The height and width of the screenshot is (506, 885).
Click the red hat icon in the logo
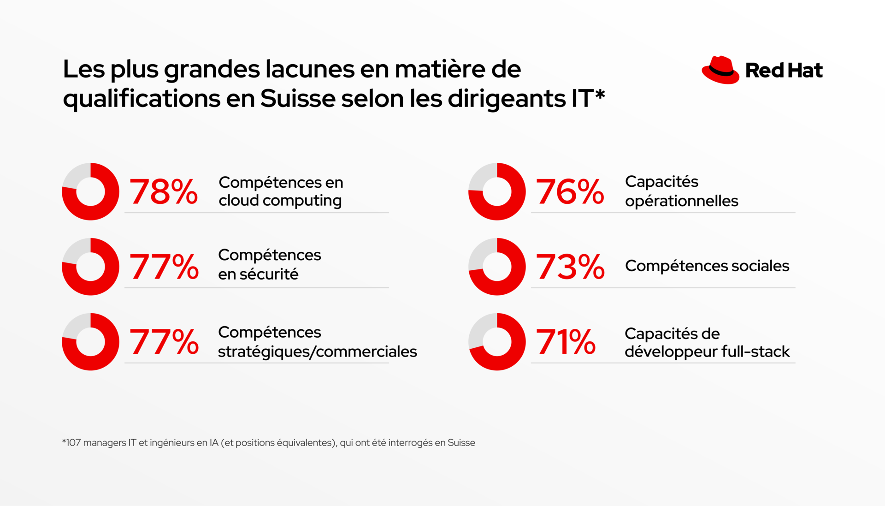[720, 71]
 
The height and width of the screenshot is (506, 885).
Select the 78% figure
[164, 192]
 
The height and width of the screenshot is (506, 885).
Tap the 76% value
[570, 192]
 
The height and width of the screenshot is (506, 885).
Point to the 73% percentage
[570, 267]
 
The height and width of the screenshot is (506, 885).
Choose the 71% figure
[566, 342]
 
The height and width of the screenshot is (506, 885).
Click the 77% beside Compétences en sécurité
[164, 267]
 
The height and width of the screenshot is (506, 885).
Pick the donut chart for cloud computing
[91, 191]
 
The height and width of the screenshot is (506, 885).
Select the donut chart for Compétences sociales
[497, 267]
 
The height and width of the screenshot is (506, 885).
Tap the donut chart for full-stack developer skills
[497, 342]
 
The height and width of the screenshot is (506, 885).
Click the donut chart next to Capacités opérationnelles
[497, 191]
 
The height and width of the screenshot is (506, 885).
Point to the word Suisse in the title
[298, 99]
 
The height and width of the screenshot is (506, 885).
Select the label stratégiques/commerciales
[317, 352]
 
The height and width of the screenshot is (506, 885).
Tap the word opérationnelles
[681, 201]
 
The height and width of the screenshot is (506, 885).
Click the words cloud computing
[280, 201]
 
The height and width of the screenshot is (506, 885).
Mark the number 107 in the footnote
[73, 443]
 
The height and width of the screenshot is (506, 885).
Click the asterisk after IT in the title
[600, 95]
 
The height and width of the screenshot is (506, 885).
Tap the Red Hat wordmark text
[784, 71]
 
